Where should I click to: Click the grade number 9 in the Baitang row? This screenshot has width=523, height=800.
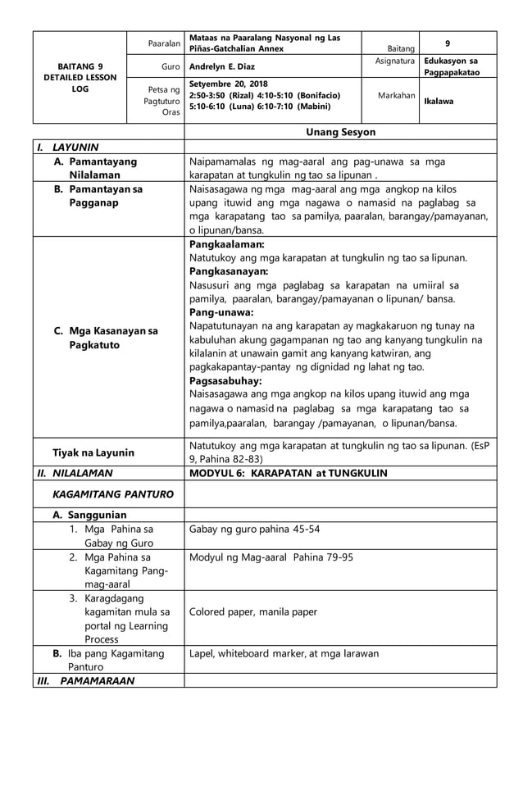coord(447,43)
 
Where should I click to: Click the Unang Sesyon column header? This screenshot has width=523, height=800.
coord(340,132)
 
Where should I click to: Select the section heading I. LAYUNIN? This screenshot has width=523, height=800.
coord(72,148)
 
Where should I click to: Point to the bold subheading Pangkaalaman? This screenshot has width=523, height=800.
coord(227,244)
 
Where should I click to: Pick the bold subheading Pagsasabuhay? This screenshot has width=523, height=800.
coord(225,381)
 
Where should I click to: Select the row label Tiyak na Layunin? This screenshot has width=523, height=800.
coord(93,452)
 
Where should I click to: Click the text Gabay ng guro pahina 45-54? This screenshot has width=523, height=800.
coord(254,529)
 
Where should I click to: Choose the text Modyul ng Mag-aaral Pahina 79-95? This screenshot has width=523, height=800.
coord(271,557)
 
